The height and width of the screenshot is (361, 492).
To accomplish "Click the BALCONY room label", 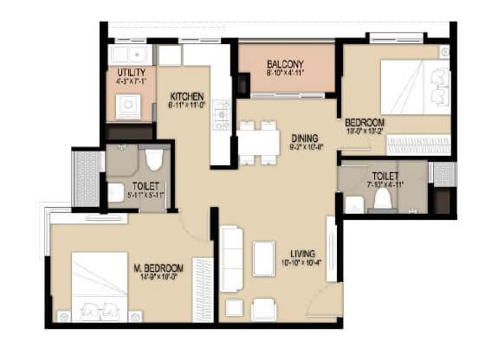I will (284, 63).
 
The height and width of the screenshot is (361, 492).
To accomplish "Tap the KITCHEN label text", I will (186, 95).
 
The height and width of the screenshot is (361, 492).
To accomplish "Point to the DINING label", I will (304, 137).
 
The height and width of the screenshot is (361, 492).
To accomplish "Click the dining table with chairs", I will (257, 142).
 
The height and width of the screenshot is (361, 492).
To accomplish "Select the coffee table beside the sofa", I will (263, 257).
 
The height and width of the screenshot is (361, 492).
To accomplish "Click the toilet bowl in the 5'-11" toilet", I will (154, 158).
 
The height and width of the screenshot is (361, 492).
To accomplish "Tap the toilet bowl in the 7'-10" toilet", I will (382, 198).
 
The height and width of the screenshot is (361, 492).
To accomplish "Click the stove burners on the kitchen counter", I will (222, 113).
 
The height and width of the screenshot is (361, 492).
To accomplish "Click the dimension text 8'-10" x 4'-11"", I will (284, 74).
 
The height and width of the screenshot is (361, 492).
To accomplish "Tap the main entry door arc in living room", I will (322, 301).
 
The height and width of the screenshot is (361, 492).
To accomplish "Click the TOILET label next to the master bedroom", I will (145, 184).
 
